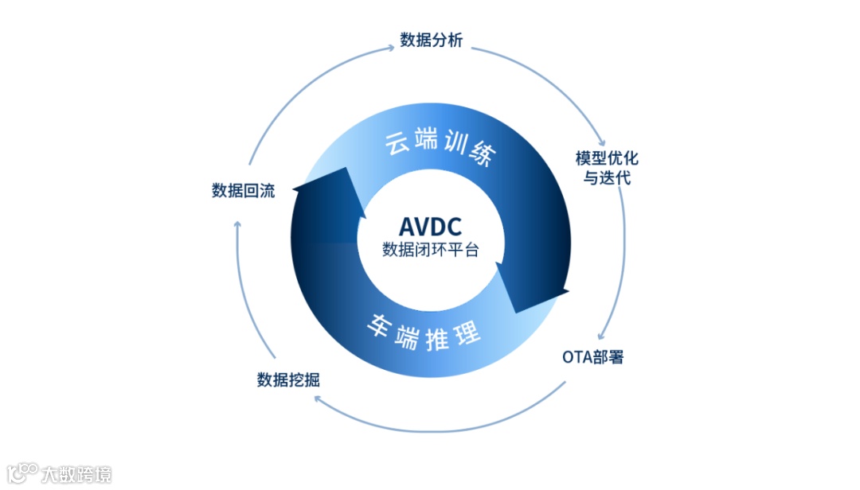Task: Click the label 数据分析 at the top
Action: [431, 41]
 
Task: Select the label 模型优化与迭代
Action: [607, 167]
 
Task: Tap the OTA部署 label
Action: [592, 356]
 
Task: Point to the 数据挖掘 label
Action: [288, 379]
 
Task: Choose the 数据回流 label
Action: [243, 190]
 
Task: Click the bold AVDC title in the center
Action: [430, 226]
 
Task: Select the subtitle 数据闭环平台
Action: [430, 249]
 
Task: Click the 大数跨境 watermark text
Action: [76, 475]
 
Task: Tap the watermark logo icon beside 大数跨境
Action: [21, 474]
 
